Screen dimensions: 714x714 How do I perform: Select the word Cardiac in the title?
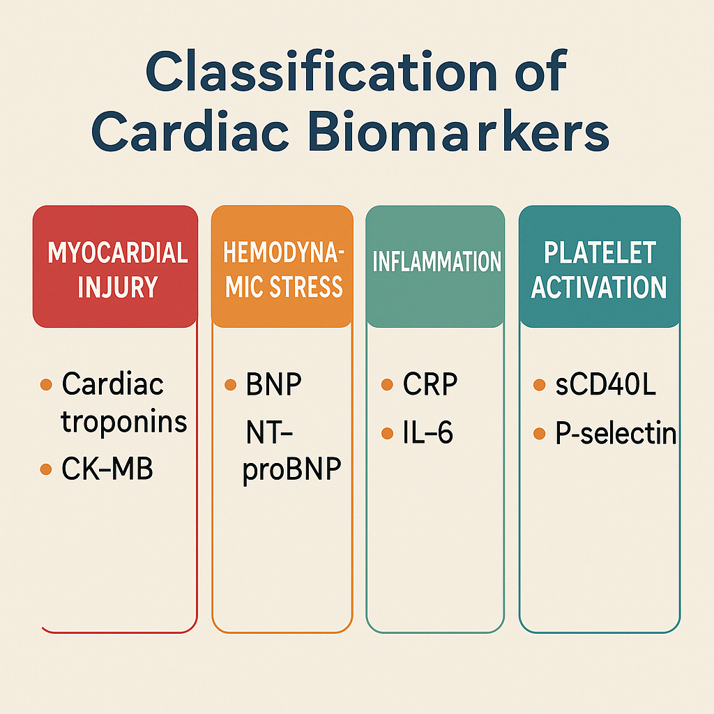click(x=190, y=130)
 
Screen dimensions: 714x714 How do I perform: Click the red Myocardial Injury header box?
click(x=115, y=266)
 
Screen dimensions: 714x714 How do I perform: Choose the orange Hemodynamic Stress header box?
click(x=282, y=266)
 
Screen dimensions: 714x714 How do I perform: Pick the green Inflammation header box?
click(x=435, y=266)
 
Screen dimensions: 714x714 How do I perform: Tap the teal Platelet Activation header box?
click(x=600, y=266)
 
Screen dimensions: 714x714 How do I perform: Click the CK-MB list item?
click(x=107, y=469)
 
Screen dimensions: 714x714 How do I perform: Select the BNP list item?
click(x=273, y=384)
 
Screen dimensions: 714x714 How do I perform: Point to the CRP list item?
click(x=430, y=384)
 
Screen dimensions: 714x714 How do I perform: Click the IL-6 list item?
click(x=427, y=432)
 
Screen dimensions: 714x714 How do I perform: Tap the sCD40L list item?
click(x=606, y=384)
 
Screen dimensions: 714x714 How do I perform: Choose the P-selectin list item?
click(x=616, y=432)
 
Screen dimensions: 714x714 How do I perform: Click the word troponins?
click(x=124, y=422)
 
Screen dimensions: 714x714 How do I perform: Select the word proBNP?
click(x=292, y=469)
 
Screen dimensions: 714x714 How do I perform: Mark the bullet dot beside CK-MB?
click(x=46, y=469)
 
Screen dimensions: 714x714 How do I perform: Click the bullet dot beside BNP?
click(x=230, y=385)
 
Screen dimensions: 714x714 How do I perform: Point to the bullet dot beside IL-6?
click(x=387, y=433)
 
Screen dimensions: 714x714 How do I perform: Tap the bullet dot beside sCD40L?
click(x=539, y=385)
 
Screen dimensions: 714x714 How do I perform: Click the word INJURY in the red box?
click(x=117, y=287)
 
